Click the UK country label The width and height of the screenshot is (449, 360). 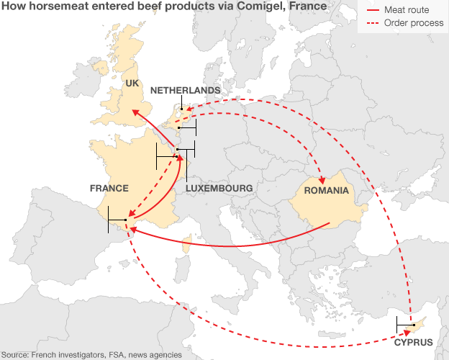132,84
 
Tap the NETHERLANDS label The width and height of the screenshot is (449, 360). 185,90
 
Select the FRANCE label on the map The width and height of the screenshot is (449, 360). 109,189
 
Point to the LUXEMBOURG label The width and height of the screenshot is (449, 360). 219,189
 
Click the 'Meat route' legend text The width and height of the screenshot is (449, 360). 407,11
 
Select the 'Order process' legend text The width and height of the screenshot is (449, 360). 413,24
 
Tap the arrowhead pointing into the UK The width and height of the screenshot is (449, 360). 134,113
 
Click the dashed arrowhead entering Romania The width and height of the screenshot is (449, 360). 322,179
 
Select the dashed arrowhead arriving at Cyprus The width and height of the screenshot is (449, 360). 408,333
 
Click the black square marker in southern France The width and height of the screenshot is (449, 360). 126,219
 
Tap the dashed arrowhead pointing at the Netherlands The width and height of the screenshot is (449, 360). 189,110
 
